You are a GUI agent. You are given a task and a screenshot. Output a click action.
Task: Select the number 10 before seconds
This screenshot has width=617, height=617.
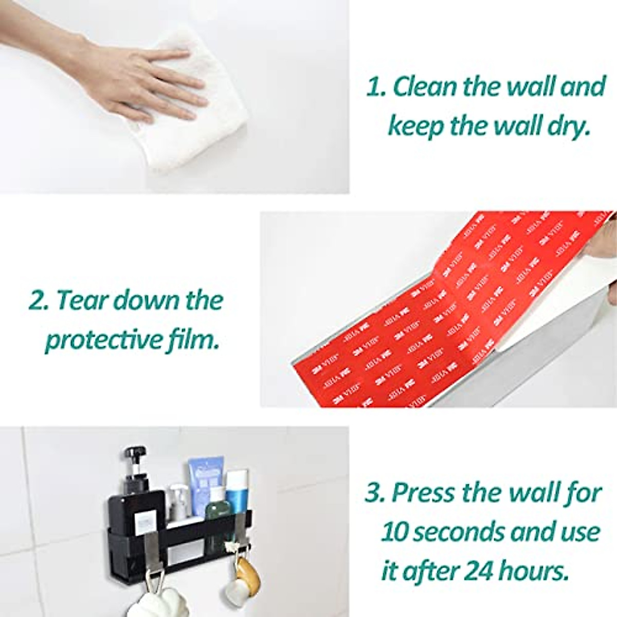pos(395,531)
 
